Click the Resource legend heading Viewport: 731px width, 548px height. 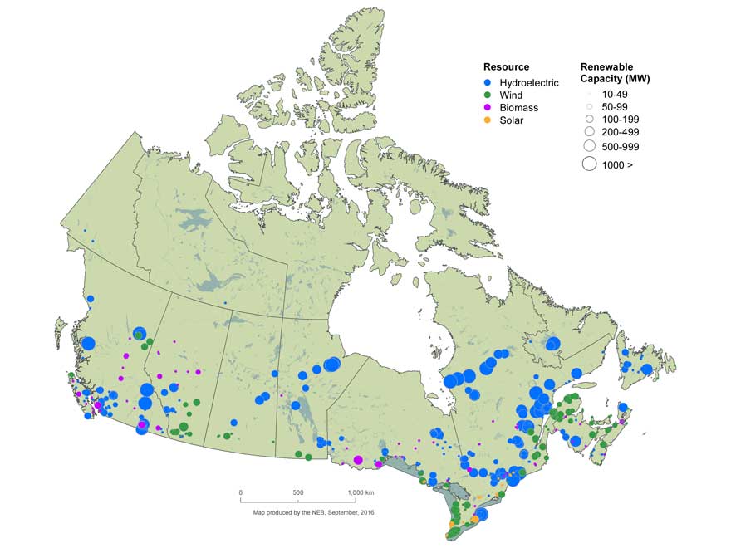tap(506, 66)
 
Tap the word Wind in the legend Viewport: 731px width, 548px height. tap(511, 95)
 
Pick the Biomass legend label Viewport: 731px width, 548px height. tap(518, 108)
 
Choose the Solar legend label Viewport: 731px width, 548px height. tap(512, 120)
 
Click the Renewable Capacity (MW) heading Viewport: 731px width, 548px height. tap(614, 72)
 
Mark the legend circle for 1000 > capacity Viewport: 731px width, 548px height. tap(589, 164)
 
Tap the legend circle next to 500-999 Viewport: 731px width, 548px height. tap(589, 146)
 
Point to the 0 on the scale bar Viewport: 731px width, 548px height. tap(241, 492)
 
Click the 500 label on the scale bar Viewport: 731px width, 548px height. tap(298, 492)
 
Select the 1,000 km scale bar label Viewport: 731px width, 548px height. tap(358, 492)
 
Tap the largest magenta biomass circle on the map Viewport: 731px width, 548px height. tap(358, 460)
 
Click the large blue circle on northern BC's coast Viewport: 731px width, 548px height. tap(88, 343)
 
